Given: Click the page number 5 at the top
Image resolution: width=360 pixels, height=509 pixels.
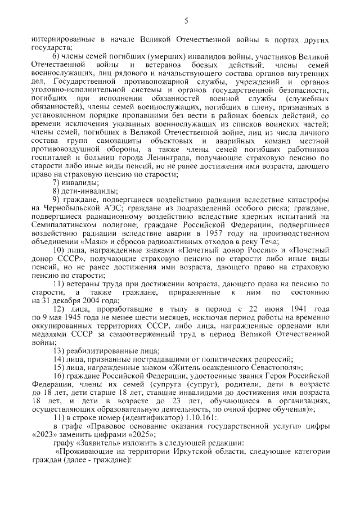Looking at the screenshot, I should pyautogui.click(x=186, y=21).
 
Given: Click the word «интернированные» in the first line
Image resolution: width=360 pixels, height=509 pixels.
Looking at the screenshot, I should pyautogui.click(x=61, y=40).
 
